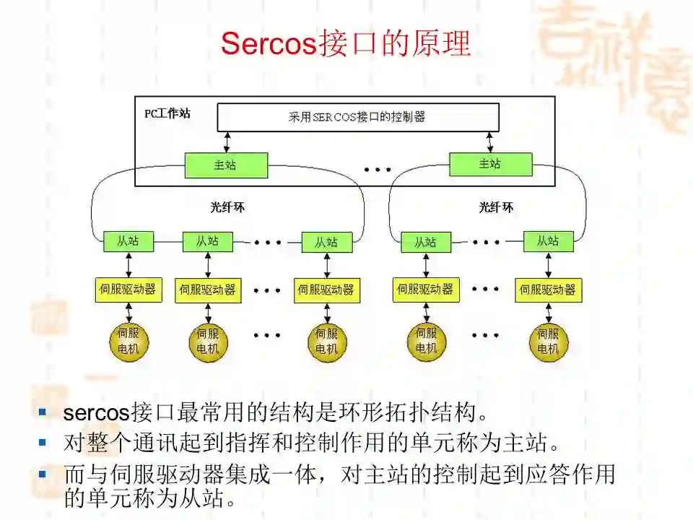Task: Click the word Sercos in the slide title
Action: pyautogui.click(x=269, y=43)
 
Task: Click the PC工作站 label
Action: pyautogui.click(x=167, y=113)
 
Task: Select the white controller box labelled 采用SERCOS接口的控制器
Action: pyautogui.click(x=357, y=117)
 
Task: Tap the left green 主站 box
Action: pyautogui.click(x=226, y=165)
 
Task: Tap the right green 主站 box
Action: pyautogui.click(x=490, y=164)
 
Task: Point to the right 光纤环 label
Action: pyautogui.click(x=497, y=208)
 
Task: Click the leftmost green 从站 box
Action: pyautogui.click(x=128, y=241)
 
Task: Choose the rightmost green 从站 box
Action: pyautogui.click(x=548, y=241)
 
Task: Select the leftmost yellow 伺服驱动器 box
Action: pyautogui.click(x=128, y=290)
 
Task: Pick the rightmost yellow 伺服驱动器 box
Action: pyautogui.click(x=549, y=290)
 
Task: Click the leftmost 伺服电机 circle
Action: pyautogui.click(x=128, y=342)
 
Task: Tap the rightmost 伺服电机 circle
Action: pyautogui.click(x=549, y=342)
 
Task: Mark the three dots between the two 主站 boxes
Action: pyautogui.click(x=377, y=170)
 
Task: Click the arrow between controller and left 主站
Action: pyautogui.click(x=227, y=142)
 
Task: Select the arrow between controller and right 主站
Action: pyautogui.click(x=491, y=142)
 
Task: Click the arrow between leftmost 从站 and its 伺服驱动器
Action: pyautogui.click(x=128, y=264)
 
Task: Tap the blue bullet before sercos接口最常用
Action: pyautogui.click(x=43, y=412)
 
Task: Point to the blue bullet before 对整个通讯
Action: pyautogui.click(x=43, y=441)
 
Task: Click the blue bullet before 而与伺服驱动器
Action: pyautogui.click(x=43, y=474)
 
